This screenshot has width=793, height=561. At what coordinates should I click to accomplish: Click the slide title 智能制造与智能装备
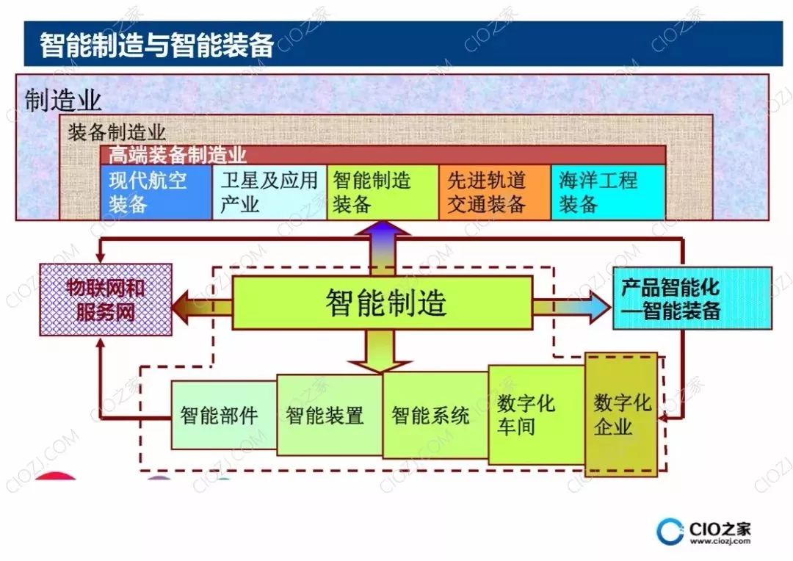pyautogui.click(x=156, y=45)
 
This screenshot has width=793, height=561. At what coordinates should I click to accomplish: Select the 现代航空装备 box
pyautogui.click(x=155, y=192)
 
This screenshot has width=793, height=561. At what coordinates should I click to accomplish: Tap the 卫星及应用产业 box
pyautogui.click(x=269, y=192)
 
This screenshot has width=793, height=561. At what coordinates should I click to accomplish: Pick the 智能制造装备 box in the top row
pyautogui.click(x=382, y=192)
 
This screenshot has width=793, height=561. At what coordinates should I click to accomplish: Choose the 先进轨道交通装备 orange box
pyautogui.click(x=494, y=192)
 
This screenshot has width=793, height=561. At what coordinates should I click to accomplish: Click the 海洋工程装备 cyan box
pyautogui.click(x=607, y=192)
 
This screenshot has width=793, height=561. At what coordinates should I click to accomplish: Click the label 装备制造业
pyautogui.click(x=117, y=133)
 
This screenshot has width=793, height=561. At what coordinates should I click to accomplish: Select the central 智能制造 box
pyautogui.click(x=383, y=303)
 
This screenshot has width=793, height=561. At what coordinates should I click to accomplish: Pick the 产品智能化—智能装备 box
pyautogui.click(x=691, y=298)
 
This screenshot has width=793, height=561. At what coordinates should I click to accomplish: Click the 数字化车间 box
pyautogui.click(x=535, y=415)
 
